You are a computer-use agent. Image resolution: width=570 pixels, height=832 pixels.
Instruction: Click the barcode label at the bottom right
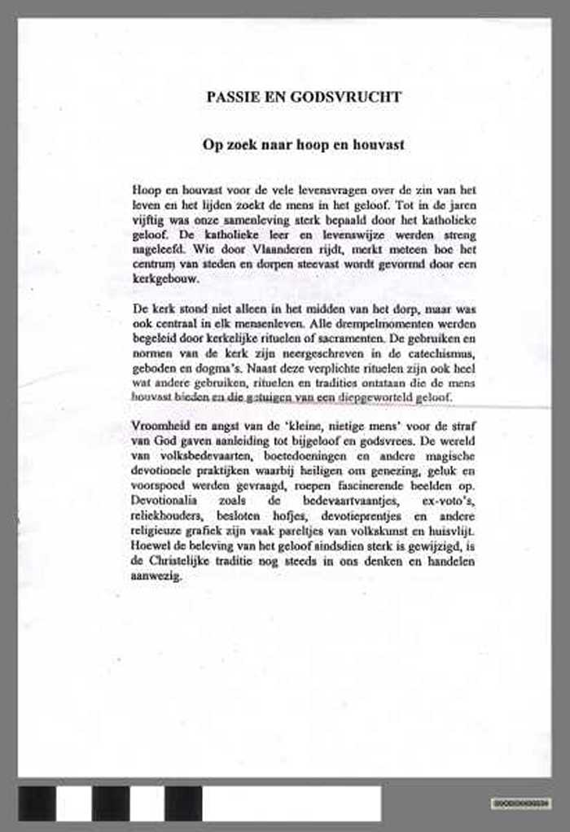click(x=522, y=803)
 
